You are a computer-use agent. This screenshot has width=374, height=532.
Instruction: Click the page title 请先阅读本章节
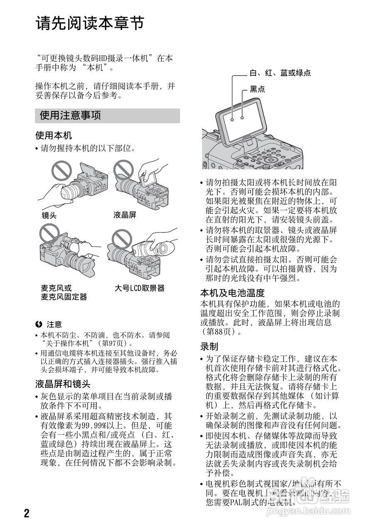point(90,23)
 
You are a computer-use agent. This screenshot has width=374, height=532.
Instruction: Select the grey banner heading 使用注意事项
point(70,116)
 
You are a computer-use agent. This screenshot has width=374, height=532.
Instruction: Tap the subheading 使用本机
point(54,135)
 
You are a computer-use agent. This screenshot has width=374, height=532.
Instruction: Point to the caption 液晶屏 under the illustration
point(125,215)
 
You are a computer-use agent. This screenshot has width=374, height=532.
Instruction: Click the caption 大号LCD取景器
point(140,288)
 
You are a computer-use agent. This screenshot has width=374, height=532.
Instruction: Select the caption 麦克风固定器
point(64,297)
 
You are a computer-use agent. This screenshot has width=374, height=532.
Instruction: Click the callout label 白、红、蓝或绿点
point(280,73)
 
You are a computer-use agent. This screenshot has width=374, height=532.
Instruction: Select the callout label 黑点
point(257,89)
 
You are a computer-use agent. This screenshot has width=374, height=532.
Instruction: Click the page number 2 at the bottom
point(27,513)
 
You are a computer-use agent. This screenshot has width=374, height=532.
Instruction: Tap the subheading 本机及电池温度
point(232,293)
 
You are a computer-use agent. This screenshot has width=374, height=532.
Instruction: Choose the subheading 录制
point(209,346)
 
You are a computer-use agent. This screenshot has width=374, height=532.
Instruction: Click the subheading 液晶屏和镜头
point(63,384)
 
